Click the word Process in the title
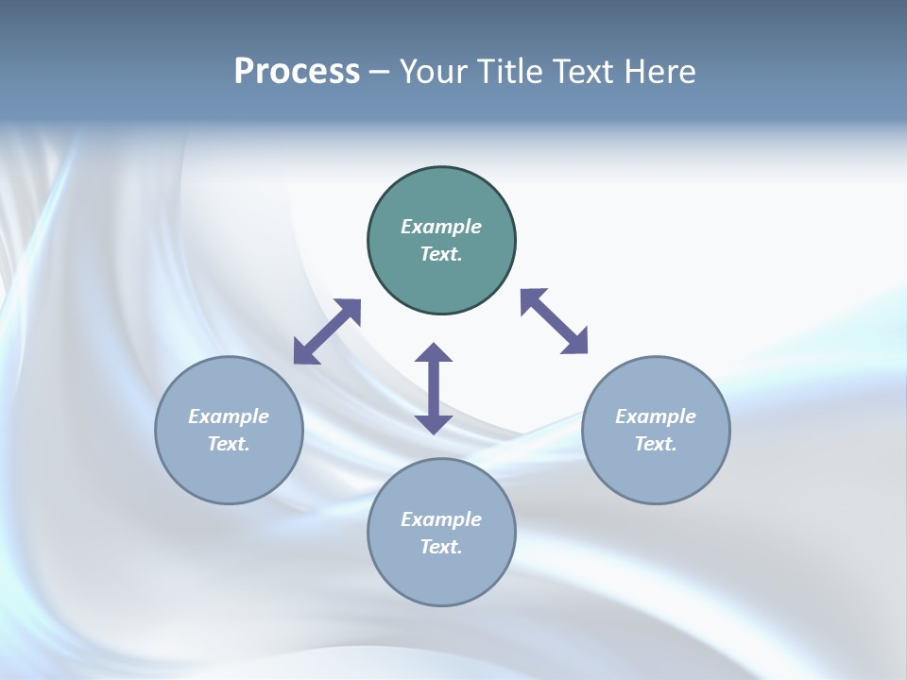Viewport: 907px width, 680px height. click(x=297, y=72)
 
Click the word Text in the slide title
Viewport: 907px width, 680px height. click(x=585, y=72)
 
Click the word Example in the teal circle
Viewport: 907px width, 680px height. click(x=441, y=227)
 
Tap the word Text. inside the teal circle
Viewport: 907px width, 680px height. click(x=441, y=254)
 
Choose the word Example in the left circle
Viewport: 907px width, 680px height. click(x=229, y=416)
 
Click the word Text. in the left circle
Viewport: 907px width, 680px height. click(x=229, y=444)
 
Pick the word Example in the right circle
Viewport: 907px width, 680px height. click(x=656, y=416)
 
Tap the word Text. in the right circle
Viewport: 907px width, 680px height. click(x=656, y=444)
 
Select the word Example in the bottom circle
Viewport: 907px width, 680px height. click(x=441, y=519)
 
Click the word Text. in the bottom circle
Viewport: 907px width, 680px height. click(x=441, y=547)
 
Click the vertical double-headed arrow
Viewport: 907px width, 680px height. click(x=434, y=388)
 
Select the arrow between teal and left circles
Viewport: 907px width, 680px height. click(x=327, y=331)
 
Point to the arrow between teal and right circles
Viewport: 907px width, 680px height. click(x=554, y=321)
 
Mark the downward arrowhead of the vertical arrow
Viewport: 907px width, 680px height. click(x=434, y=424)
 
